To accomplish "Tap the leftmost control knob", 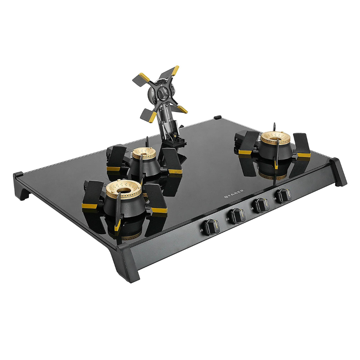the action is pyautogui.click(x=212, y=227).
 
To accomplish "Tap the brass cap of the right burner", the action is pyautogui.click(x=276, y=138).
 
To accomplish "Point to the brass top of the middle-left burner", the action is pyautogui.click(x=144, y=153).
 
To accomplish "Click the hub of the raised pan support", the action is pyautogui.click(x=162, y=91).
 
